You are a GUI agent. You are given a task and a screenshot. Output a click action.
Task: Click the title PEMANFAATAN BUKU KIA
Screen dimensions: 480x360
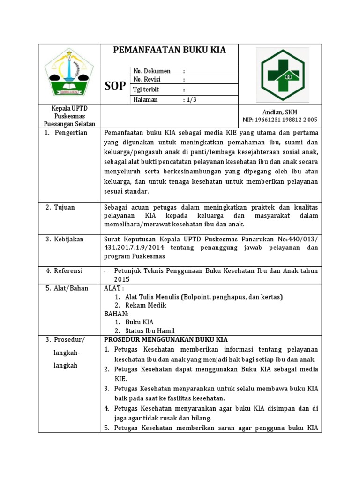170,50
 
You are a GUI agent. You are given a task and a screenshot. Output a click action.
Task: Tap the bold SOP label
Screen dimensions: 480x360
115,85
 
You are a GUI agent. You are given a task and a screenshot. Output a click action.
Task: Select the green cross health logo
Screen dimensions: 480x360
282,74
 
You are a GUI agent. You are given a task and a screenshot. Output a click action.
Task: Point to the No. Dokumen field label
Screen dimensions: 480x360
152,71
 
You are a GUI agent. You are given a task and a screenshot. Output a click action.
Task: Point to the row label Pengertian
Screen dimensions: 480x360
71,133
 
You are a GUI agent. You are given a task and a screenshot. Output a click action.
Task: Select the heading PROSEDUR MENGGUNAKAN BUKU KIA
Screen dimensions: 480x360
165,339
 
